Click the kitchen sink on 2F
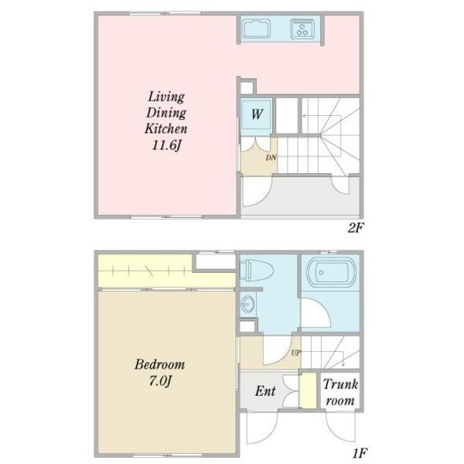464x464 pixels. pos(256,29)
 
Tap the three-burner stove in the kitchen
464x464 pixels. pos(302,29)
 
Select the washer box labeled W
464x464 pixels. pos(256,114)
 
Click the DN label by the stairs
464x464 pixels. pos(271,158)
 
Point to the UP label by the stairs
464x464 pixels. pos(296,353)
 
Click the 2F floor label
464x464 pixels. pos(355,228)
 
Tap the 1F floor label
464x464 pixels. pos(360,453)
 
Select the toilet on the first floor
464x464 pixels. pos(256,270)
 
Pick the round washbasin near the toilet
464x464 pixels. pos(247,304)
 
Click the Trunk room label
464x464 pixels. pos(340,392)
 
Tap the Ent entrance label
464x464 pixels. pos(265,391)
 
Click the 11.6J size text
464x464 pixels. pos(166,145)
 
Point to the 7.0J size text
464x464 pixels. pos(160,380)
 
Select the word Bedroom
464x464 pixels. pos(160,364)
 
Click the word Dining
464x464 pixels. pos(166,113)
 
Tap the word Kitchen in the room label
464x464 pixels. pos(166,128)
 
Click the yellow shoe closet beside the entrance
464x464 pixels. pos(308,391)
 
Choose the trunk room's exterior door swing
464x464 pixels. pos(340,426)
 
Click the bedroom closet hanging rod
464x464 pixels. pos(148,270)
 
